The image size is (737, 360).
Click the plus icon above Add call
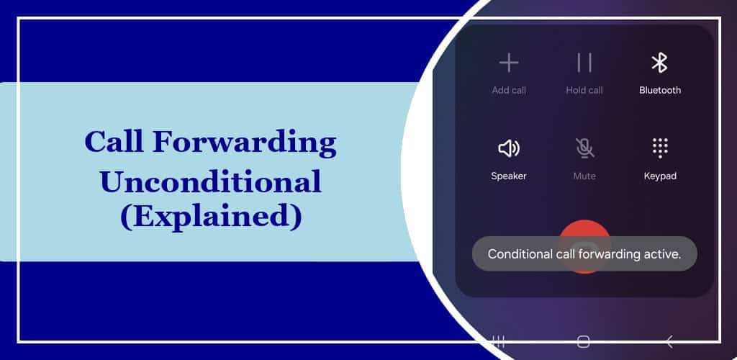(x=509, y=63)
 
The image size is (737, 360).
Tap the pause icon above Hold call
(x=584, y=63)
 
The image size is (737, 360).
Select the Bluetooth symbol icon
(x=659, y=63)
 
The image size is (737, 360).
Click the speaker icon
(x=509, y=148)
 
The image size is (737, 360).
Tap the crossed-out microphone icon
(x=584, y=148)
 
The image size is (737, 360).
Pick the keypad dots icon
(x=660, y=148)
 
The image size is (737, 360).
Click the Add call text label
(x=509, y=90)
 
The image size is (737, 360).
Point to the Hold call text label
(x=584, y=90)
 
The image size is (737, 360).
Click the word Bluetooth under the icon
(x=660, y=90)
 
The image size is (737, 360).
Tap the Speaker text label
(x=509, y=176)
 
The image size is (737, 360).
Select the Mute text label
(x=584, y=176)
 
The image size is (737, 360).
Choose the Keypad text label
(x=660, y=176)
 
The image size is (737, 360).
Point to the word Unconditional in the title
(x=211, y=182)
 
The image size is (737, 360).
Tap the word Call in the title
(x=114, y=141)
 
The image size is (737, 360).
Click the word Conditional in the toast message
(x=520, y=254)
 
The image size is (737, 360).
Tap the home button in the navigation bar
(x=583, y=342)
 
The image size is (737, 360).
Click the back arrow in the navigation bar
(x=669, y=342)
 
